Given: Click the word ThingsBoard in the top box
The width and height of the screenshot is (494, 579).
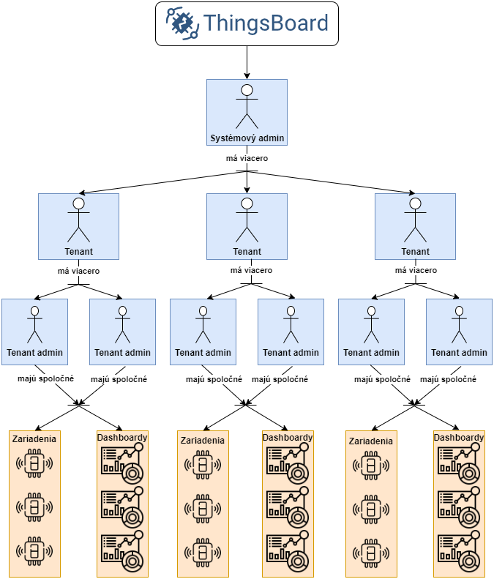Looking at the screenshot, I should pyautogui.click(x=266, y=23).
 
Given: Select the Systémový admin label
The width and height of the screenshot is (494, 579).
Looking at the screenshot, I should pyautogui.click(x=247, y=138).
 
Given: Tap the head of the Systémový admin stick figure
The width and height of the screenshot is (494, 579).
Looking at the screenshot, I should pyautogui.click(x=247, y=90).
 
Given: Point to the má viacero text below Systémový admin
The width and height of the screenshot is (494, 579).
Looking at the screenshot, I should pyautogui.click(x=247, y=157).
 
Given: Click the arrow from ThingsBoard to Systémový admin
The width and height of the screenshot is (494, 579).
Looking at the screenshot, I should pyautogui.click(x=247, y=62).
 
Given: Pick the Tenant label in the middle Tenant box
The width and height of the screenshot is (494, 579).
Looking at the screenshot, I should pyautogui.click(x=247, y=251).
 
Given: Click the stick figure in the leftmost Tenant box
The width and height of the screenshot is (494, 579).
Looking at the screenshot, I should pyautogui.click(x=78, y=219).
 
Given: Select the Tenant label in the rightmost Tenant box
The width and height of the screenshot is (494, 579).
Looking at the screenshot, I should pyautogui.click(x=415, y=251).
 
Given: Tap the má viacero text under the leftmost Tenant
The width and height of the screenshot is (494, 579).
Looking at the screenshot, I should pyautogui.click(x=78, y=270).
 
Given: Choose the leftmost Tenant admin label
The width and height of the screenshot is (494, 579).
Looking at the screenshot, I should pyautogui.click(x=34, y=352).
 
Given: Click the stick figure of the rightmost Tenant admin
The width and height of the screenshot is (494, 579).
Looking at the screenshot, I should pyautogui.click(x=459, y=324).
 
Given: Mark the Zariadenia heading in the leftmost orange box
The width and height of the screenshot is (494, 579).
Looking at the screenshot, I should pyautogui.click(x=34, y=438).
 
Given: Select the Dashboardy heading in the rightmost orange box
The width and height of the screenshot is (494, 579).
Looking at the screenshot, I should pyautogui.click(x=459, y=438).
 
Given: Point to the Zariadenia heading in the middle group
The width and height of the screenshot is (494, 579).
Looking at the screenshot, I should pyautogui.click(x=202, y=440).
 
